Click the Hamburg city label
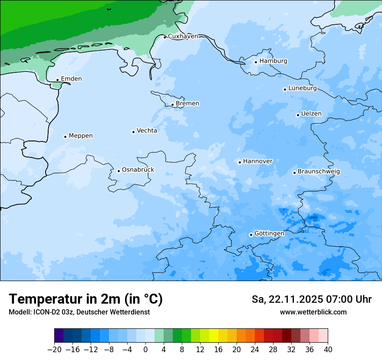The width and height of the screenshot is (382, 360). coord(273,61)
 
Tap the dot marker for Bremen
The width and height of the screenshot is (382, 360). coord(172,105)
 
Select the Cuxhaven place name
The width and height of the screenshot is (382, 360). coord(183,36)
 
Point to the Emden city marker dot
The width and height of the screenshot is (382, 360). coord(57,80)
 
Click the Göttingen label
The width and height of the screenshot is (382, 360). coord(269,234)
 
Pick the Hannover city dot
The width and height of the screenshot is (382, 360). coord(240,162)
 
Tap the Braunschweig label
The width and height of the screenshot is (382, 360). coord(319,172)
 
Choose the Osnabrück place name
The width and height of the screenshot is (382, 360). coord(138,170)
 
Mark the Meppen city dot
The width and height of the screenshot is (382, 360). coord(65,137)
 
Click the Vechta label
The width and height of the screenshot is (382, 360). coord(147,131)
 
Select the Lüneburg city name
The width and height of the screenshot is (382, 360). coord(302,88)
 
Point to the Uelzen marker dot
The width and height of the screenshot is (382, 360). coord(298,115)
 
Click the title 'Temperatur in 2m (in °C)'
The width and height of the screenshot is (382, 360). coord(86,299)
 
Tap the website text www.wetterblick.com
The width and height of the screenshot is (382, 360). coord(313,312)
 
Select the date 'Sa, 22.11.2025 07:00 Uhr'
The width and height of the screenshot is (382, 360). coord(311,299)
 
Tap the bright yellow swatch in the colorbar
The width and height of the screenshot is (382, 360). coord(214,336)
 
